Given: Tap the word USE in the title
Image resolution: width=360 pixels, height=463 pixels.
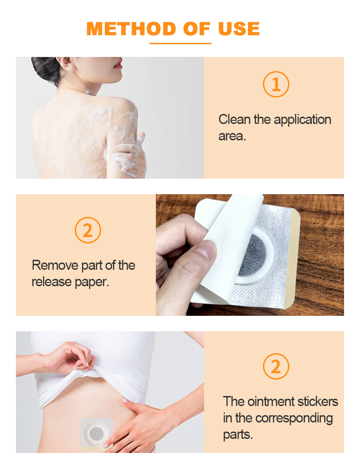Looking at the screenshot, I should pos(239,29).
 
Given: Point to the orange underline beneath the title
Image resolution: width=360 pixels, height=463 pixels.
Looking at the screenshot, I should pos(180,43).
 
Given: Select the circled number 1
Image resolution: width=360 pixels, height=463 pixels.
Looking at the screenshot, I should pos(276,84).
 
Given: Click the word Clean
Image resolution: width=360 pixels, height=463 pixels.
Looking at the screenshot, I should pos(235,120).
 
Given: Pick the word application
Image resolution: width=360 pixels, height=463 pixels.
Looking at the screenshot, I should pos(303,120).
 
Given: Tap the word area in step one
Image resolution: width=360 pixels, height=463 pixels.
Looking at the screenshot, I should pos(231,136).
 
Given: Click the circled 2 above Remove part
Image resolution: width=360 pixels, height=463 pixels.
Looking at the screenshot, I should pos(87,230).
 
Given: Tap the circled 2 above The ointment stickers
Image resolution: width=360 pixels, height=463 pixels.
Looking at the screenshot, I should pos(276,366).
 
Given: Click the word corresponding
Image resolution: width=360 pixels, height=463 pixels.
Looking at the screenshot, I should pos(294,418).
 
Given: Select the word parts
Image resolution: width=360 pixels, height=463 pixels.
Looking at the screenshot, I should pos(237,434).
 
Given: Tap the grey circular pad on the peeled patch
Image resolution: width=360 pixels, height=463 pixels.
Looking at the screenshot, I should pos(253,257).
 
